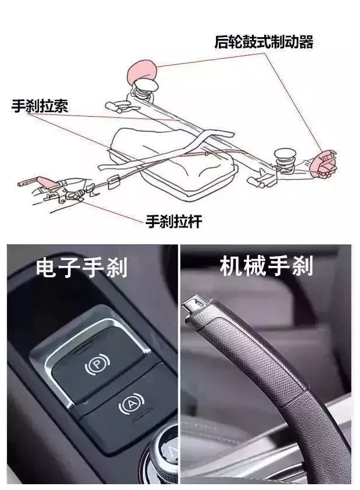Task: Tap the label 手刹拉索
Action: [39, 106]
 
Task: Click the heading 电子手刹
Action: [81, 268]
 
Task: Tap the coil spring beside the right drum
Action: [285, 157]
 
